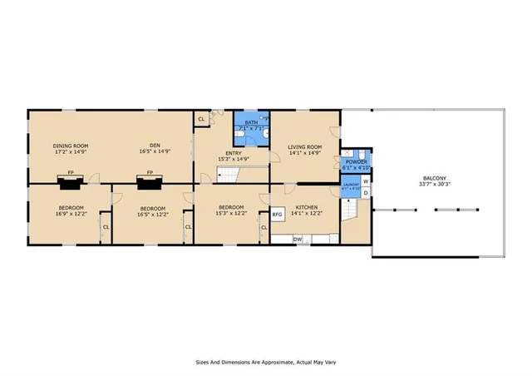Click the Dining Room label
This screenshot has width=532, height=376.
71,146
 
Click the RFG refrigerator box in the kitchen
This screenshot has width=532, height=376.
278,213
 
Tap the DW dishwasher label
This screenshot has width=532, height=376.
298,240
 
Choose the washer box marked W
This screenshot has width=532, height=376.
366,181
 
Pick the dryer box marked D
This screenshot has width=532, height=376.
366,193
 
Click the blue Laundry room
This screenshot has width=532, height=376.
350,187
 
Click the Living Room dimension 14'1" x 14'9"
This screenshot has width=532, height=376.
304,152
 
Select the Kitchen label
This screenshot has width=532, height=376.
304,207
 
